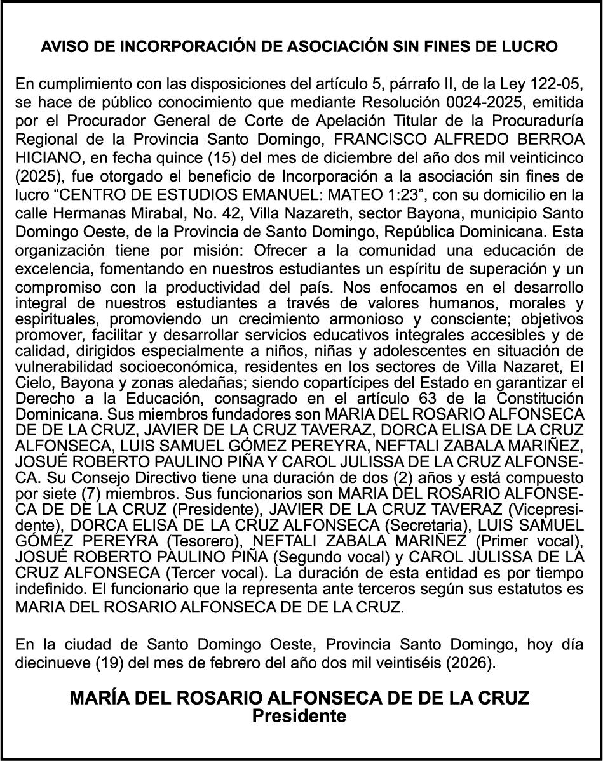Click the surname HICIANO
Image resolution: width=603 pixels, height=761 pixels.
[x=43, y=155]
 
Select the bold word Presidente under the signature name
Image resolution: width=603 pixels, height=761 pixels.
[x=300, y=716]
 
